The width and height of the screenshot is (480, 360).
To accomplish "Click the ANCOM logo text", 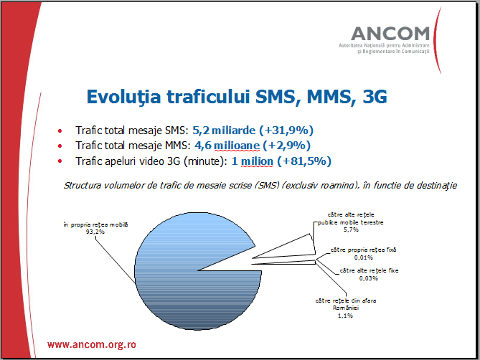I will (390, 33).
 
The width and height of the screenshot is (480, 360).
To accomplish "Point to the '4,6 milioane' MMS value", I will (227, 146).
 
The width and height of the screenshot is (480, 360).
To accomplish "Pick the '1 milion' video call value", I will (252, 161).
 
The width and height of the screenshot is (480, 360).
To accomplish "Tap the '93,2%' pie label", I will (95, 232).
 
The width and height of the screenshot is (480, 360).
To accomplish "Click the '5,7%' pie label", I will (350, 230).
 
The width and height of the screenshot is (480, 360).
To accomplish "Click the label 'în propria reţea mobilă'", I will (95, 224).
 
